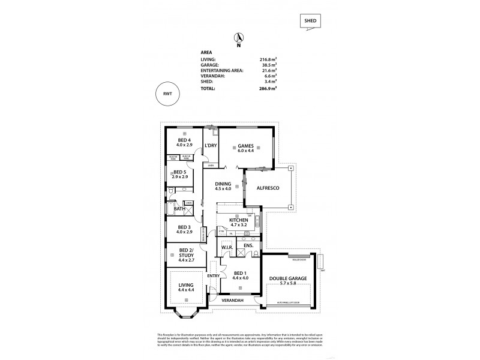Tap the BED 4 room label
pos(184,141)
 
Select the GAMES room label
pos(246,145)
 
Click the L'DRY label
pos(210,146)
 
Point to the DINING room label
pos(223,187)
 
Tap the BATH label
pos(179,209)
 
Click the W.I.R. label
pos(227,246)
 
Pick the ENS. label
pos(248,246)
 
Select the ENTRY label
pos(213,275)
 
